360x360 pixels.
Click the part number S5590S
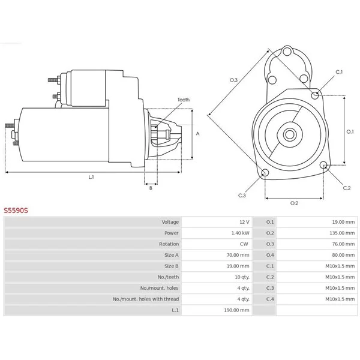(x=16, y=211)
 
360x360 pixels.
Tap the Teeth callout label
(x=184, y=100)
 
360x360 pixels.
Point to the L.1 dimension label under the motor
(x=91, y=177)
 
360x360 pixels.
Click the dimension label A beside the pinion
(x=197, y=134)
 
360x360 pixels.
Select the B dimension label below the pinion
(x=151, y=188)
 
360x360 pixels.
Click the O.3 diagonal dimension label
(x=234, y=80)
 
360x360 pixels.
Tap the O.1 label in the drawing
(x=350, y=132)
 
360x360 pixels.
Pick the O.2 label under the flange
(x=295, y=203)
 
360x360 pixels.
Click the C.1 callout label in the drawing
(x=339, y=72)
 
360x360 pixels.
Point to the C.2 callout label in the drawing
(x=347, y=188)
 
